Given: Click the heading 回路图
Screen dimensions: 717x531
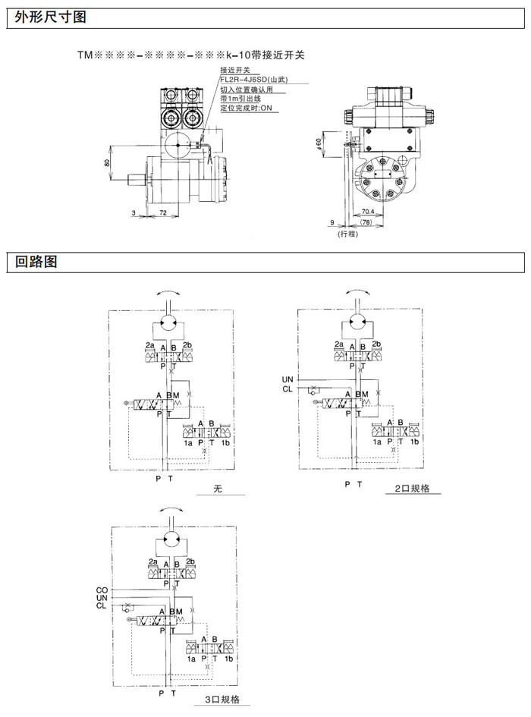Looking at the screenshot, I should pyautogui.click(x=36, y=263).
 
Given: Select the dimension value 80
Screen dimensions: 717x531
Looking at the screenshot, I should pyautogui.click(x=107, y=162).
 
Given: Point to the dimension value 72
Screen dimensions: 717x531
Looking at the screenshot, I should pyautogui.click(x=164, y=215).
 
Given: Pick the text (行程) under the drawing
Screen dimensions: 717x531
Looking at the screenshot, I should pyautogui.click(x=347, y=234).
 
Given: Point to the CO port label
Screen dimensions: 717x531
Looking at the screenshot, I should pyautogui.click(x=102, y=590).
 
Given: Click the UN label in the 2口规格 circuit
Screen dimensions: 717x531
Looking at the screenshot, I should pyautogui.click(x=287, y=379).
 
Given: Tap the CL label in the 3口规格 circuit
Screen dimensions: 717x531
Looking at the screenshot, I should pyautogui.click(x=102, y=605).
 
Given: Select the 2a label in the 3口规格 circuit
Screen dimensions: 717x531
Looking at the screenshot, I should pyautogui.click(x=153, y=561).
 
